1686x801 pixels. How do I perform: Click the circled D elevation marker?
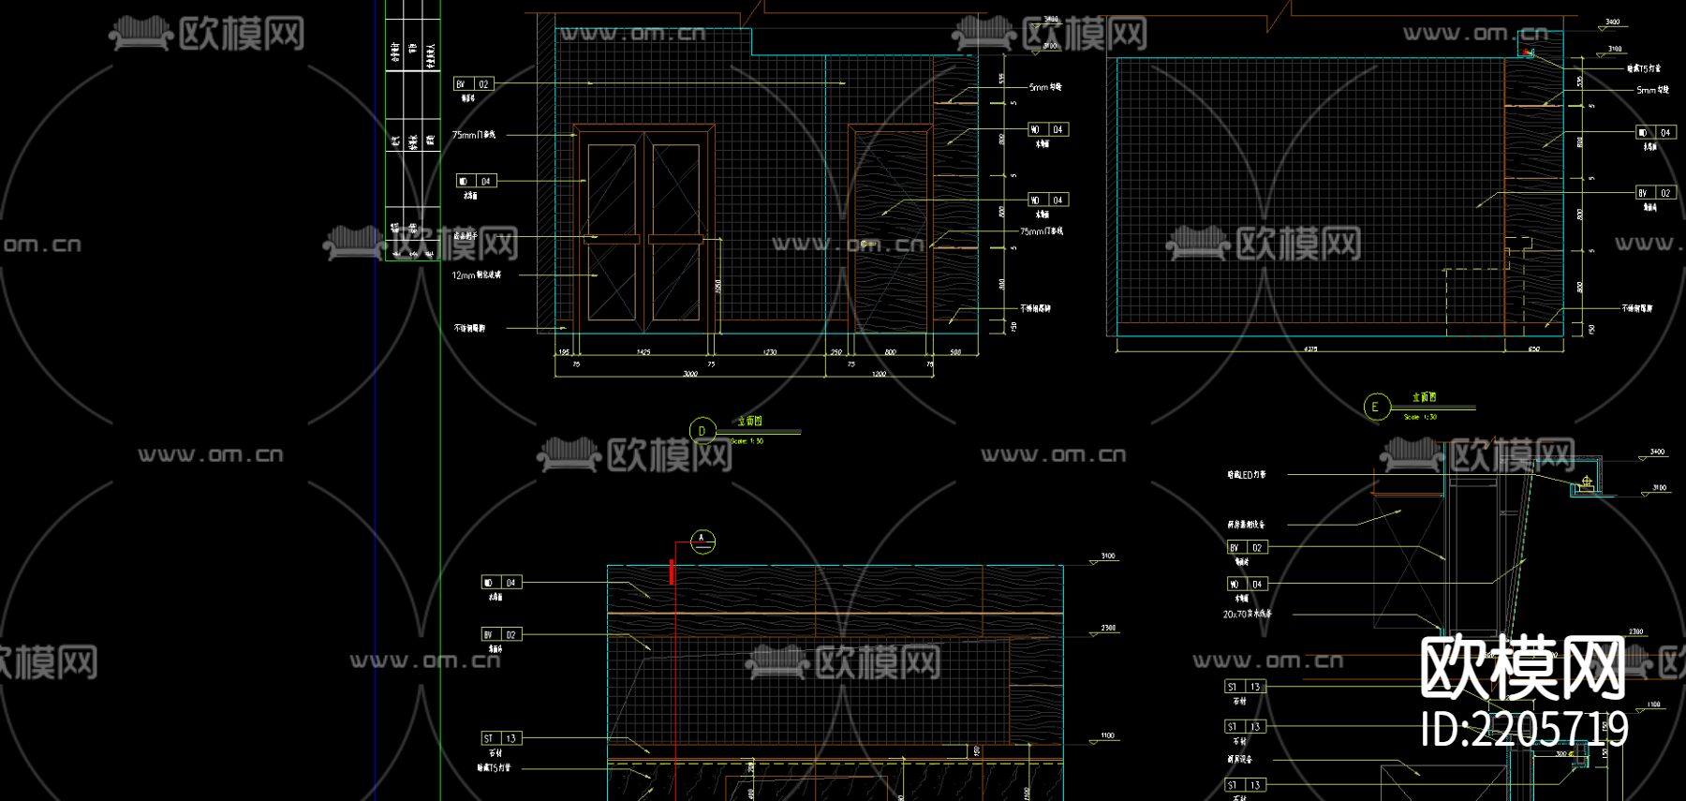pos(702,431)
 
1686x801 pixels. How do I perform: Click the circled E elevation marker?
pos(1375,407)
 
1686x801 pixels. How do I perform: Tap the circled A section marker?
pos(702,541)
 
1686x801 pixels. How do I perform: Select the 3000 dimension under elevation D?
pos(690,374)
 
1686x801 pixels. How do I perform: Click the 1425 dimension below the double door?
pos(643,352)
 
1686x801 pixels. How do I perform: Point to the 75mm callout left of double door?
pos(474,135)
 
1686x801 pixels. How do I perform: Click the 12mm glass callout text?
pos(477,275)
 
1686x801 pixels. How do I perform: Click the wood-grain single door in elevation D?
pos(890,227)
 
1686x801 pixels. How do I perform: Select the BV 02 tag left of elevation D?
pos(474,84)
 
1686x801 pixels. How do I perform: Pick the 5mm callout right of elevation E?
pos(1652,90)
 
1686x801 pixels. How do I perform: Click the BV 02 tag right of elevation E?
pos(1655,193)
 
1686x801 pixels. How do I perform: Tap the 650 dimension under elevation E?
pos(1534,349)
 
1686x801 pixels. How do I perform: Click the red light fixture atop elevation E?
pos(1530,53)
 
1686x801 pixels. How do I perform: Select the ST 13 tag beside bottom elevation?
pos(501,738)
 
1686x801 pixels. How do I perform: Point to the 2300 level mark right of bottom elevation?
pos(1107,629)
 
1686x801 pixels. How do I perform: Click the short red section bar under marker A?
pos(672,571)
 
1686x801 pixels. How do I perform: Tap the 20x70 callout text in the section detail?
pos(1247,615)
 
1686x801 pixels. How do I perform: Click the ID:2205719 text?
pos(1525,730)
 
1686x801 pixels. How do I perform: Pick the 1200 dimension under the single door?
pos(879,374)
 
